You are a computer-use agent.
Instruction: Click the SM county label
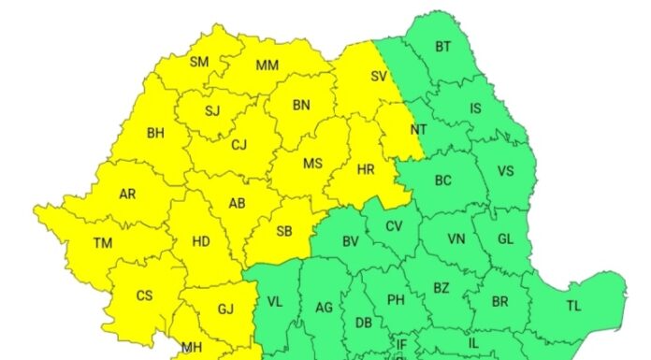pos(198,63)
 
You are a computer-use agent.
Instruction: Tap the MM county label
pos(268,65)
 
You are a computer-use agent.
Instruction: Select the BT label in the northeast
pos(443,47)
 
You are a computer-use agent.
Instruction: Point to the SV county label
pos(379,77)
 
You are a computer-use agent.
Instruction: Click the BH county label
pos(155,133)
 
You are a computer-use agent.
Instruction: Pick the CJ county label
pos(239,144)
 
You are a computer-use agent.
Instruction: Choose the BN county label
pos(301,106)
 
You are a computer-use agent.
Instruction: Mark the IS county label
pos(475,108)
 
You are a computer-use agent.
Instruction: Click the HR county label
pos(367,169)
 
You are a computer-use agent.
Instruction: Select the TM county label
pos(103,243)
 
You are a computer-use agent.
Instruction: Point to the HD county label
pos(200,241)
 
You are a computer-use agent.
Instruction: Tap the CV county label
pos(394,226)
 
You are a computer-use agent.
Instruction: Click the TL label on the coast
pos(573,306)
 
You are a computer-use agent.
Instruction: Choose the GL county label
pos(505,239)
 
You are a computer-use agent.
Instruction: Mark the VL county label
pos(274,301)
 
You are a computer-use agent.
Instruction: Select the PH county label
pos(396,300)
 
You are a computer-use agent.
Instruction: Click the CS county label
pos(144,296)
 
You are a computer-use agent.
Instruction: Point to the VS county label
pos(505,171)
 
